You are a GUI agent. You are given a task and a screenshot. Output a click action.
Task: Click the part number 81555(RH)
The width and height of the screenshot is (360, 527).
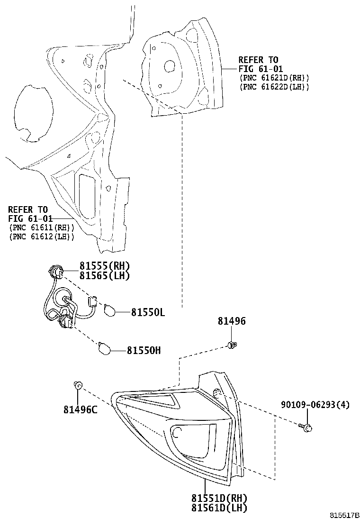point(104,266)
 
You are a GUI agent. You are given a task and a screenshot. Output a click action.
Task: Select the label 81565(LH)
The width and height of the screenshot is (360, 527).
point(104,276)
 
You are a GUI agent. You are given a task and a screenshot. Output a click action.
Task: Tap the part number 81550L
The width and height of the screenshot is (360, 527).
point(148,313)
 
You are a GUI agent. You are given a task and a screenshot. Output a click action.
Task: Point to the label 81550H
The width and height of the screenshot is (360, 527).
point(144,351)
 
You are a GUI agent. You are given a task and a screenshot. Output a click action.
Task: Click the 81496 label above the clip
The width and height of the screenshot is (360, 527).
point(232,321)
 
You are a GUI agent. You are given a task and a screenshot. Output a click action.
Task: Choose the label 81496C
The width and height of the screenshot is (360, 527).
point(81,409)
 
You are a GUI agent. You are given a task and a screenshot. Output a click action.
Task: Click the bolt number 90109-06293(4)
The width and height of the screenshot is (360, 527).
point(315,405)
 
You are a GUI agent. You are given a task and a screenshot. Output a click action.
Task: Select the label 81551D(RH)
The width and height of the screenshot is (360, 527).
point(219,498)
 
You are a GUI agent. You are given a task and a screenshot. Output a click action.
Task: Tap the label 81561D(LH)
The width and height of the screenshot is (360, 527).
point(219,508)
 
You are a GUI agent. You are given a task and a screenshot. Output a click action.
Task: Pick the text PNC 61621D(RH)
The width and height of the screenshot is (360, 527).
point(274,78)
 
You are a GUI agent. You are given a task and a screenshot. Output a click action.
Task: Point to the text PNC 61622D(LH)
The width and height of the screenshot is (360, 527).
point(274,87)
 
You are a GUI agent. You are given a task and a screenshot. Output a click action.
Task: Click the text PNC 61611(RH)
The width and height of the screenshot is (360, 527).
point(42,227)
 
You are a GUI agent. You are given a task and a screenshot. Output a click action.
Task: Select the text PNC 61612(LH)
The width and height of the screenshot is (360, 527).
point(42,236)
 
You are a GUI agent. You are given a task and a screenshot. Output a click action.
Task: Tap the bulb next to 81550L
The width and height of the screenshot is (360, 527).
point(109,310)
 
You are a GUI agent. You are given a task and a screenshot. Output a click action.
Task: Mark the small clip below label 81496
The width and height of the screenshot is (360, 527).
point(232,345)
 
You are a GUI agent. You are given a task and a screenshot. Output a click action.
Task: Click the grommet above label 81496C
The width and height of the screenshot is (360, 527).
point(78,385)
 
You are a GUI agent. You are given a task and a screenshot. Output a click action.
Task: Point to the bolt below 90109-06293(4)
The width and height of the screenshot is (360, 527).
point(306,427)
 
